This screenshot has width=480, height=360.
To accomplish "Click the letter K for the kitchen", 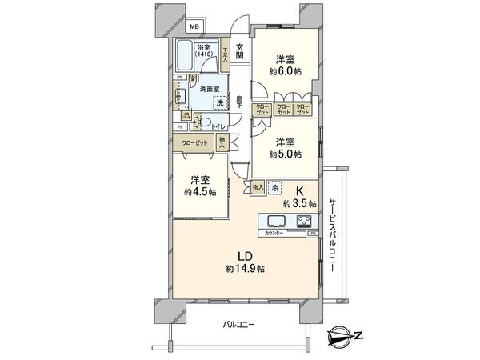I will [x=301, y=191].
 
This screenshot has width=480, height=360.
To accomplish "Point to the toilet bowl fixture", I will [x=204, y=124].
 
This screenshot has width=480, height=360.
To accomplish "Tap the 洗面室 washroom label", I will [x=210, y=88].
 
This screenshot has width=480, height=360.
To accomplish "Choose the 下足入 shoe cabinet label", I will [x=226, y=54].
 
